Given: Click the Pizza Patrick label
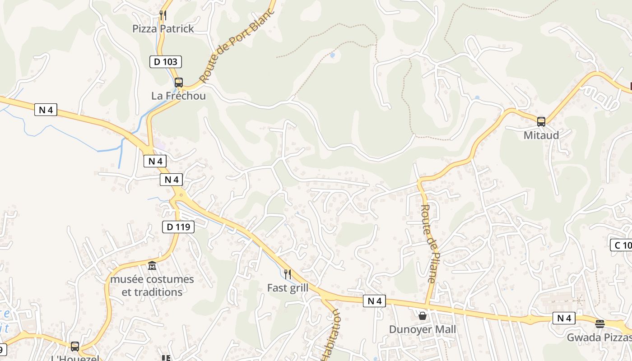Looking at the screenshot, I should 163,29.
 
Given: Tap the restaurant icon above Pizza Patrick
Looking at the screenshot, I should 163,15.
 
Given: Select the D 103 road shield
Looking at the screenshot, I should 166,62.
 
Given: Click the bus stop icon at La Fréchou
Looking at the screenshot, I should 179,83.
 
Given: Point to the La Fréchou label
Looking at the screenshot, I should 178,96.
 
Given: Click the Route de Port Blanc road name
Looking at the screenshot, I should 237,46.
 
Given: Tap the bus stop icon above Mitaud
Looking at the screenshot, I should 541,121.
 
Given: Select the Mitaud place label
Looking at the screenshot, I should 541,135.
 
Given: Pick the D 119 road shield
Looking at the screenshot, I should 178,227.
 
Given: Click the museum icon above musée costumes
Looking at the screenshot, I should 152,266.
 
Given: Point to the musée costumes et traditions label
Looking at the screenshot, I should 152,286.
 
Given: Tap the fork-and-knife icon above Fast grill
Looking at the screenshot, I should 287,274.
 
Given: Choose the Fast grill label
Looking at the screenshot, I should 288,288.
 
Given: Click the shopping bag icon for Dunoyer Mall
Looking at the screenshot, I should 423,316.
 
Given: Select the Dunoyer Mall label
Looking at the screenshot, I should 423,329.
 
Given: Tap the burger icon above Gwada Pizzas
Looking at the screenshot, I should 600,324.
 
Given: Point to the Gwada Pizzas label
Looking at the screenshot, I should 599,338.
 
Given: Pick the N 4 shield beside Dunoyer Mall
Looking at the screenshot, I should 375,301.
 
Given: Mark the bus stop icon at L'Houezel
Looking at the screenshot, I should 75,347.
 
